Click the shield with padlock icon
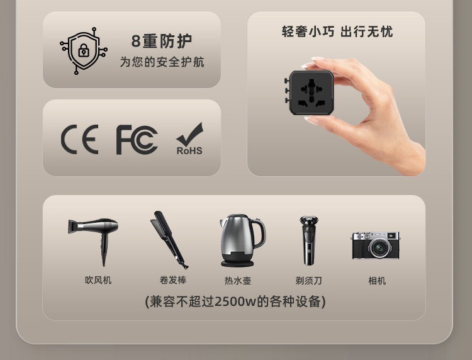pyautogui.click(x=84, y=50)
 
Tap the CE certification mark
pyautogui.click(x=80, y=139)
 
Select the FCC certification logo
pyautogui.click(x=137, y=140)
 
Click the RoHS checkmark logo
pyautogui.click(x=189, y=138)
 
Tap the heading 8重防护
pyautogui.click(x=162, y=42)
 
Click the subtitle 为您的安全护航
pyautogui.click(x=162, y=62)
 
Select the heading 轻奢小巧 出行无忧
pyautogui.click(x=337, y=31)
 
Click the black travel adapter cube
pyautogui.click(x=310, y=93)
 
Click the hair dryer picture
pyautogui.click(x=93, y=241)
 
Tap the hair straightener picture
pyautogui.click(x=169, y=240)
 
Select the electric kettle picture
pyautogui.click(x=242, y=240)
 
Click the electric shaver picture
pyautogui.click(x=308, y=240)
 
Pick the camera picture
pyautogui.click(x=376, y=245)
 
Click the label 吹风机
pyautogui.click(x=98, y=280)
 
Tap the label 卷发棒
pyautogui.click(x=173, y=280)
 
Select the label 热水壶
pyautogui.click(x=238, y=281)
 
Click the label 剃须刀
pyautogui.click(x=308, y=281)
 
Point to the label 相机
pyautogui.click(x=377, y=281)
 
